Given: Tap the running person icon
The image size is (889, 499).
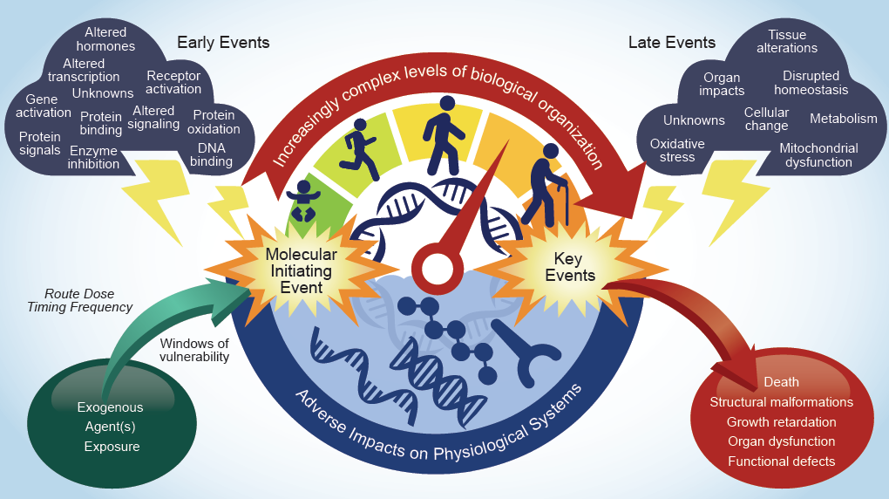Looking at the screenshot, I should [356, 144].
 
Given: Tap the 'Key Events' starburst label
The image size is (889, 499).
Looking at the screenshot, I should [574, 267].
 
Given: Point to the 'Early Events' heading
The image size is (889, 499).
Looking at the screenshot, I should [223, 42].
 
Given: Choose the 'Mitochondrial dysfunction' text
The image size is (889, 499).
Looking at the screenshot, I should [818, 155].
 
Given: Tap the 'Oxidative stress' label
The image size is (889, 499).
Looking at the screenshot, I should [677, 150].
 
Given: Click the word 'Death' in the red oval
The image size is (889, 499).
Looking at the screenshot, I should [781, 382].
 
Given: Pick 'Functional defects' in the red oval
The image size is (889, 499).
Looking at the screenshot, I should [781, 461].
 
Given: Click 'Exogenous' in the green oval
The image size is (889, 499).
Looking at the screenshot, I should [110, 407].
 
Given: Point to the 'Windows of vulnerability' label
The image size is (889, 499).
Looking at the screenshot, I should [194, 349].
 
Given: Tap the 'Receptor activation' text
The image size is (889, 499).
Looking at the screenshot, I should [173, 83].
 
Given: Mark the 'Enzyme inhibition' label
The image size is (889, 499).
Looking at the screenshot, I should [93, 158].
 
